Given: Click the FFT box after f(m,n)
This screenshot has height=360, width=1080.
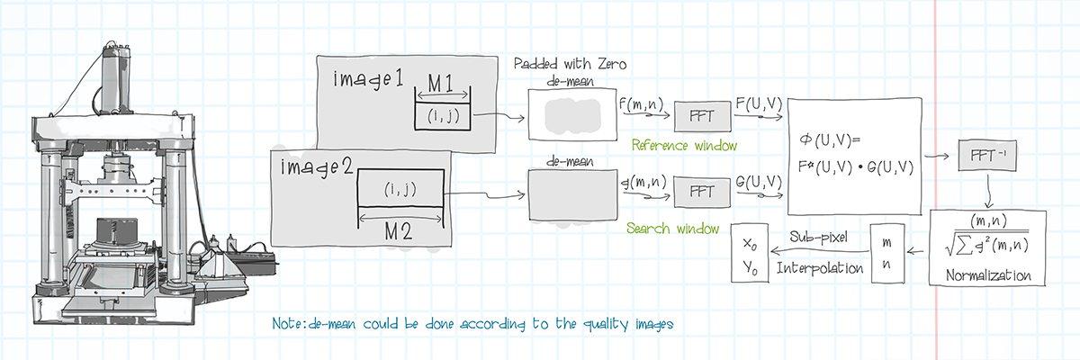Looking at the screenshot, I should coord(699,116).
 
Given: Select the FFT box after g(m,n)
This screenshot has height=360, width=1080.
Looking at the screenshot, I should coord(699,192).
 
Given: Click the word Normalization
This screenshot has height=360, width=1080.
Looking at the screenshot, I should coord(988,274).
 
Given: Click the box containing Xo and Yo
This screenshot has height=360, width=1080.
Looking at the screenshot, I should coord(751,253).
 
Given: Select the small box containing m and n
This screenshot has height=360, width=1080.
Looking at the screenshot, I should coord(886,253).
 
